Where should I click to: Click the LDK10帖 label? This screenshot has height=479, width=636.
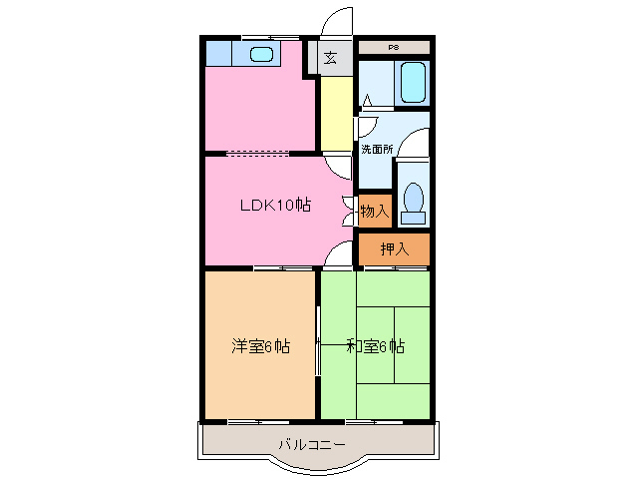click(x=274, y=206)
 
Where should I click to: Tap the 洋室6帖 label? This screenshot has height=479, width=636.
click(x=261, y=346)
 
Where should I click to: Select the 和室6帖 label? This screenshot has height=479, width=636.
click(x=375, y=346)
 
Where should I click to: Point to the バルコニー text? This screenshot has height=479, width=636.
click(x=311, y=443)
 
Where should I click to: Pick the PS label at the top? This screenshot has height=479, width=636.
click(x=394, y=47)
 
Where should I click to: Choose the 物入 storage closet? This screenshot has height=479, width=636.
click(x=374, y=211)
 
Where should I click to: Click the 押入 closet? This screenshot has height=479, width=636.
click(x=395, y=248)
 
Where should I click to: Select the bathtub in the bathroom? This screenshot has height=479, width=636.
click(x=412, y=83)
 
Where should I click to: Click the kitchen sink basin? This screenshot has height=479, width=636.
click(x=261, y=54)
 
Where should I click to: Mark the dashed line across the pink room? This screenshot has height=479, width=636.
click(x=259, y=154)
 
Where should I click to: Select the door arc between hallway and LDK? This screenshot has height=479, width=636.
click(x=339, y=166)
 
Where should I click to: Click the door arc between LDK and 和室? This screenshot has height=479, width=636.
click(x=340, y=256)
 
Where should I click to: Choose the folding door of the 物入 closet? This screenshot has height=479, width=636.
click(x=349, y=211)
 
